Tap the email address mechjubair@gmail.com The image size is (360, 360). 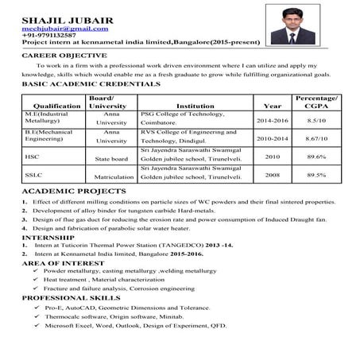click(x=54, y=29)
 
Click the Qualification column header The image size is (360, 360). click(x=52, y=105)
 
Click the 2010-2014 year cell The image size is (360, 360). click(x=272, y=138)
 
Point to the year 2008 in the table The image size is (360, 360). click(x=272, y=174)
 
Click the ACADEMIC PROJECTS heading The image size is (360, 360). click(x=72, y=192)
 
